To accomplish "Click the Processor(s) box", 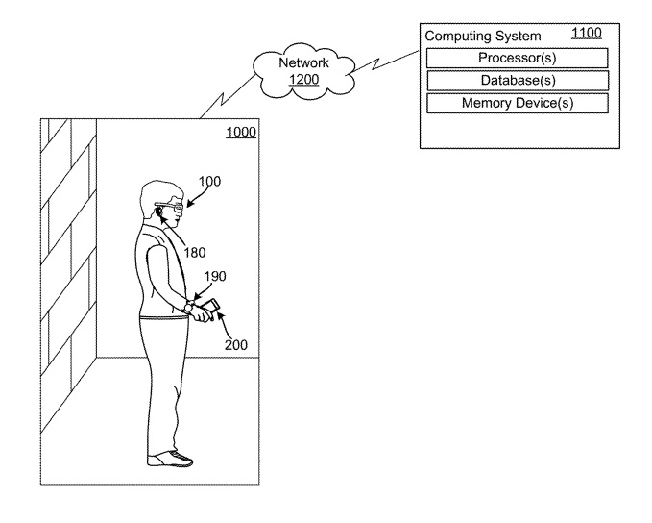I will (517, 58).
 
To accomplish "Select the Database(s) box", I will (517, 81).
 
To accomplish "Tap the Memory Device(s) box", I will (517, 103).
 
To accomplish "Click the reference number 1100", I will (586, 34).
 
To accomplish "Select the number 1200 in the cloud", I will (303, 80).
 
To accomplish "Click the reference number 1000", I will (241, 133).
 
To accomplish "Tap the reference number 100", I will (209, 181).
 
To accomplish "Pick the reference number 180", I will (196, 255).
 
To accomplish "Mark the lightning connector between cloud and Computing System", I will (384, 65).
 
